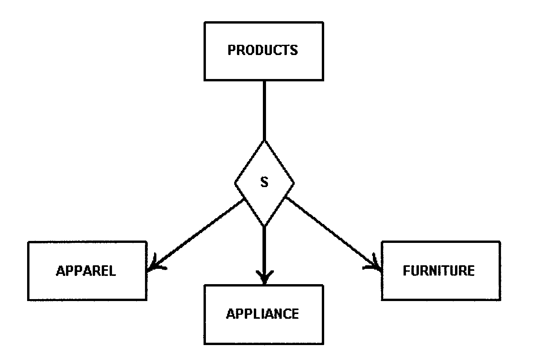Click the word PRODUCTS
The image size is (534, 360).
pos(263,50)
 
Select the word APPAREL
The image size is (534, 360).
pos(86,271)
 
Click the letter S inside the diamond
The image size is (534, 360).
pos(264,182)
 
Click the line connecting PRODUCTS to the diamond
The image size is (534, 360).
pos(264,110)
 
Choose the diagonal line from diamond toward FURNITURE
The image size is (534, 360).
pos(330,232)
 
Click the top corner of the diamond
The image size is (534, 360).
pos(264,140)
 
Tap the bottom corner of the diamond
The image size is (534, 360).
pos(264,226)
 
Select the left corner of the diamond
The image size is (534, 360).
pos(235,183)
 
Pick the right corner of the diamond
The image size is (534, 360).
pos(294,183)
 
